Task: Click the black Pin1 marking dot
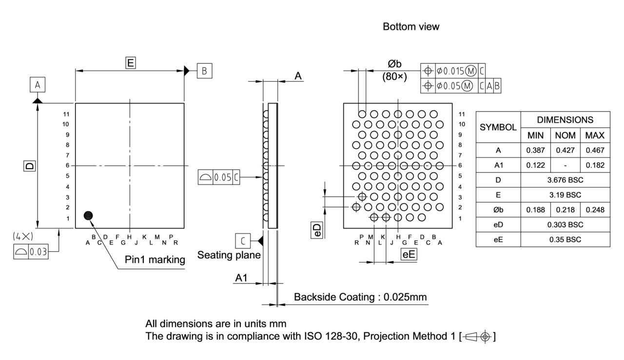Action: [x=88, y=215]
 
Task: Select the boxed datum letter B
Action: [x=204, y=71]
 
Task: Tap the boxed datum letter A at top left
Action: [x=38, y=86]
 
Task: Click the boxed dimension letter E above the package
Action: [x=130, y=62]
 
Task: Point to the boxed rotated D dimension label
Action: [x=30, y=166]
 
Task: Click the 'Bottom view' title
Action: [x=410, y=27]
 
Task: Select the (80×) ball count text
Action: [x=394, y=76]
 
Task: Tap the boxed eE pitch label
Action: [x=409, y=254]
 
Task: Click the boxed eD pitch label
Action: [x=317, y=230]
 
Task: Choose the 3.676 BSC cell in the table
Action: [x=565, y=180]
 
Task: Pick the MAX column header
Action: [x=595, y=135]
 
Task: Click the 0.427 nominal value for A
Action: [x=565, y=151]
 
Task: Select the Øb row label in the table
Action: [x=498, y=209]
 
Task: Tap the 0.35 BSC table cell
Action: [x=565, y=239]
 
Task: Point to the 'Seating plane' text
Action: [x=229, y=255]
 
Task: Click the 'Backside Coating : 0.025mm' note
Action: [x=361, y=297]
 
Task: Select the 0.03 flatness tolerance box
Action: [x=39, y=252]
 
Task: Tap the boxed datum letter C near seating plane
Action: [x=243, y=241]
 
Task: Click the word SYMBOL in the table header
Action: [x=498, y=127]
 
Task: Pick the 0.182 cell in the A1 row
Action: [x=595, y=165]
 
